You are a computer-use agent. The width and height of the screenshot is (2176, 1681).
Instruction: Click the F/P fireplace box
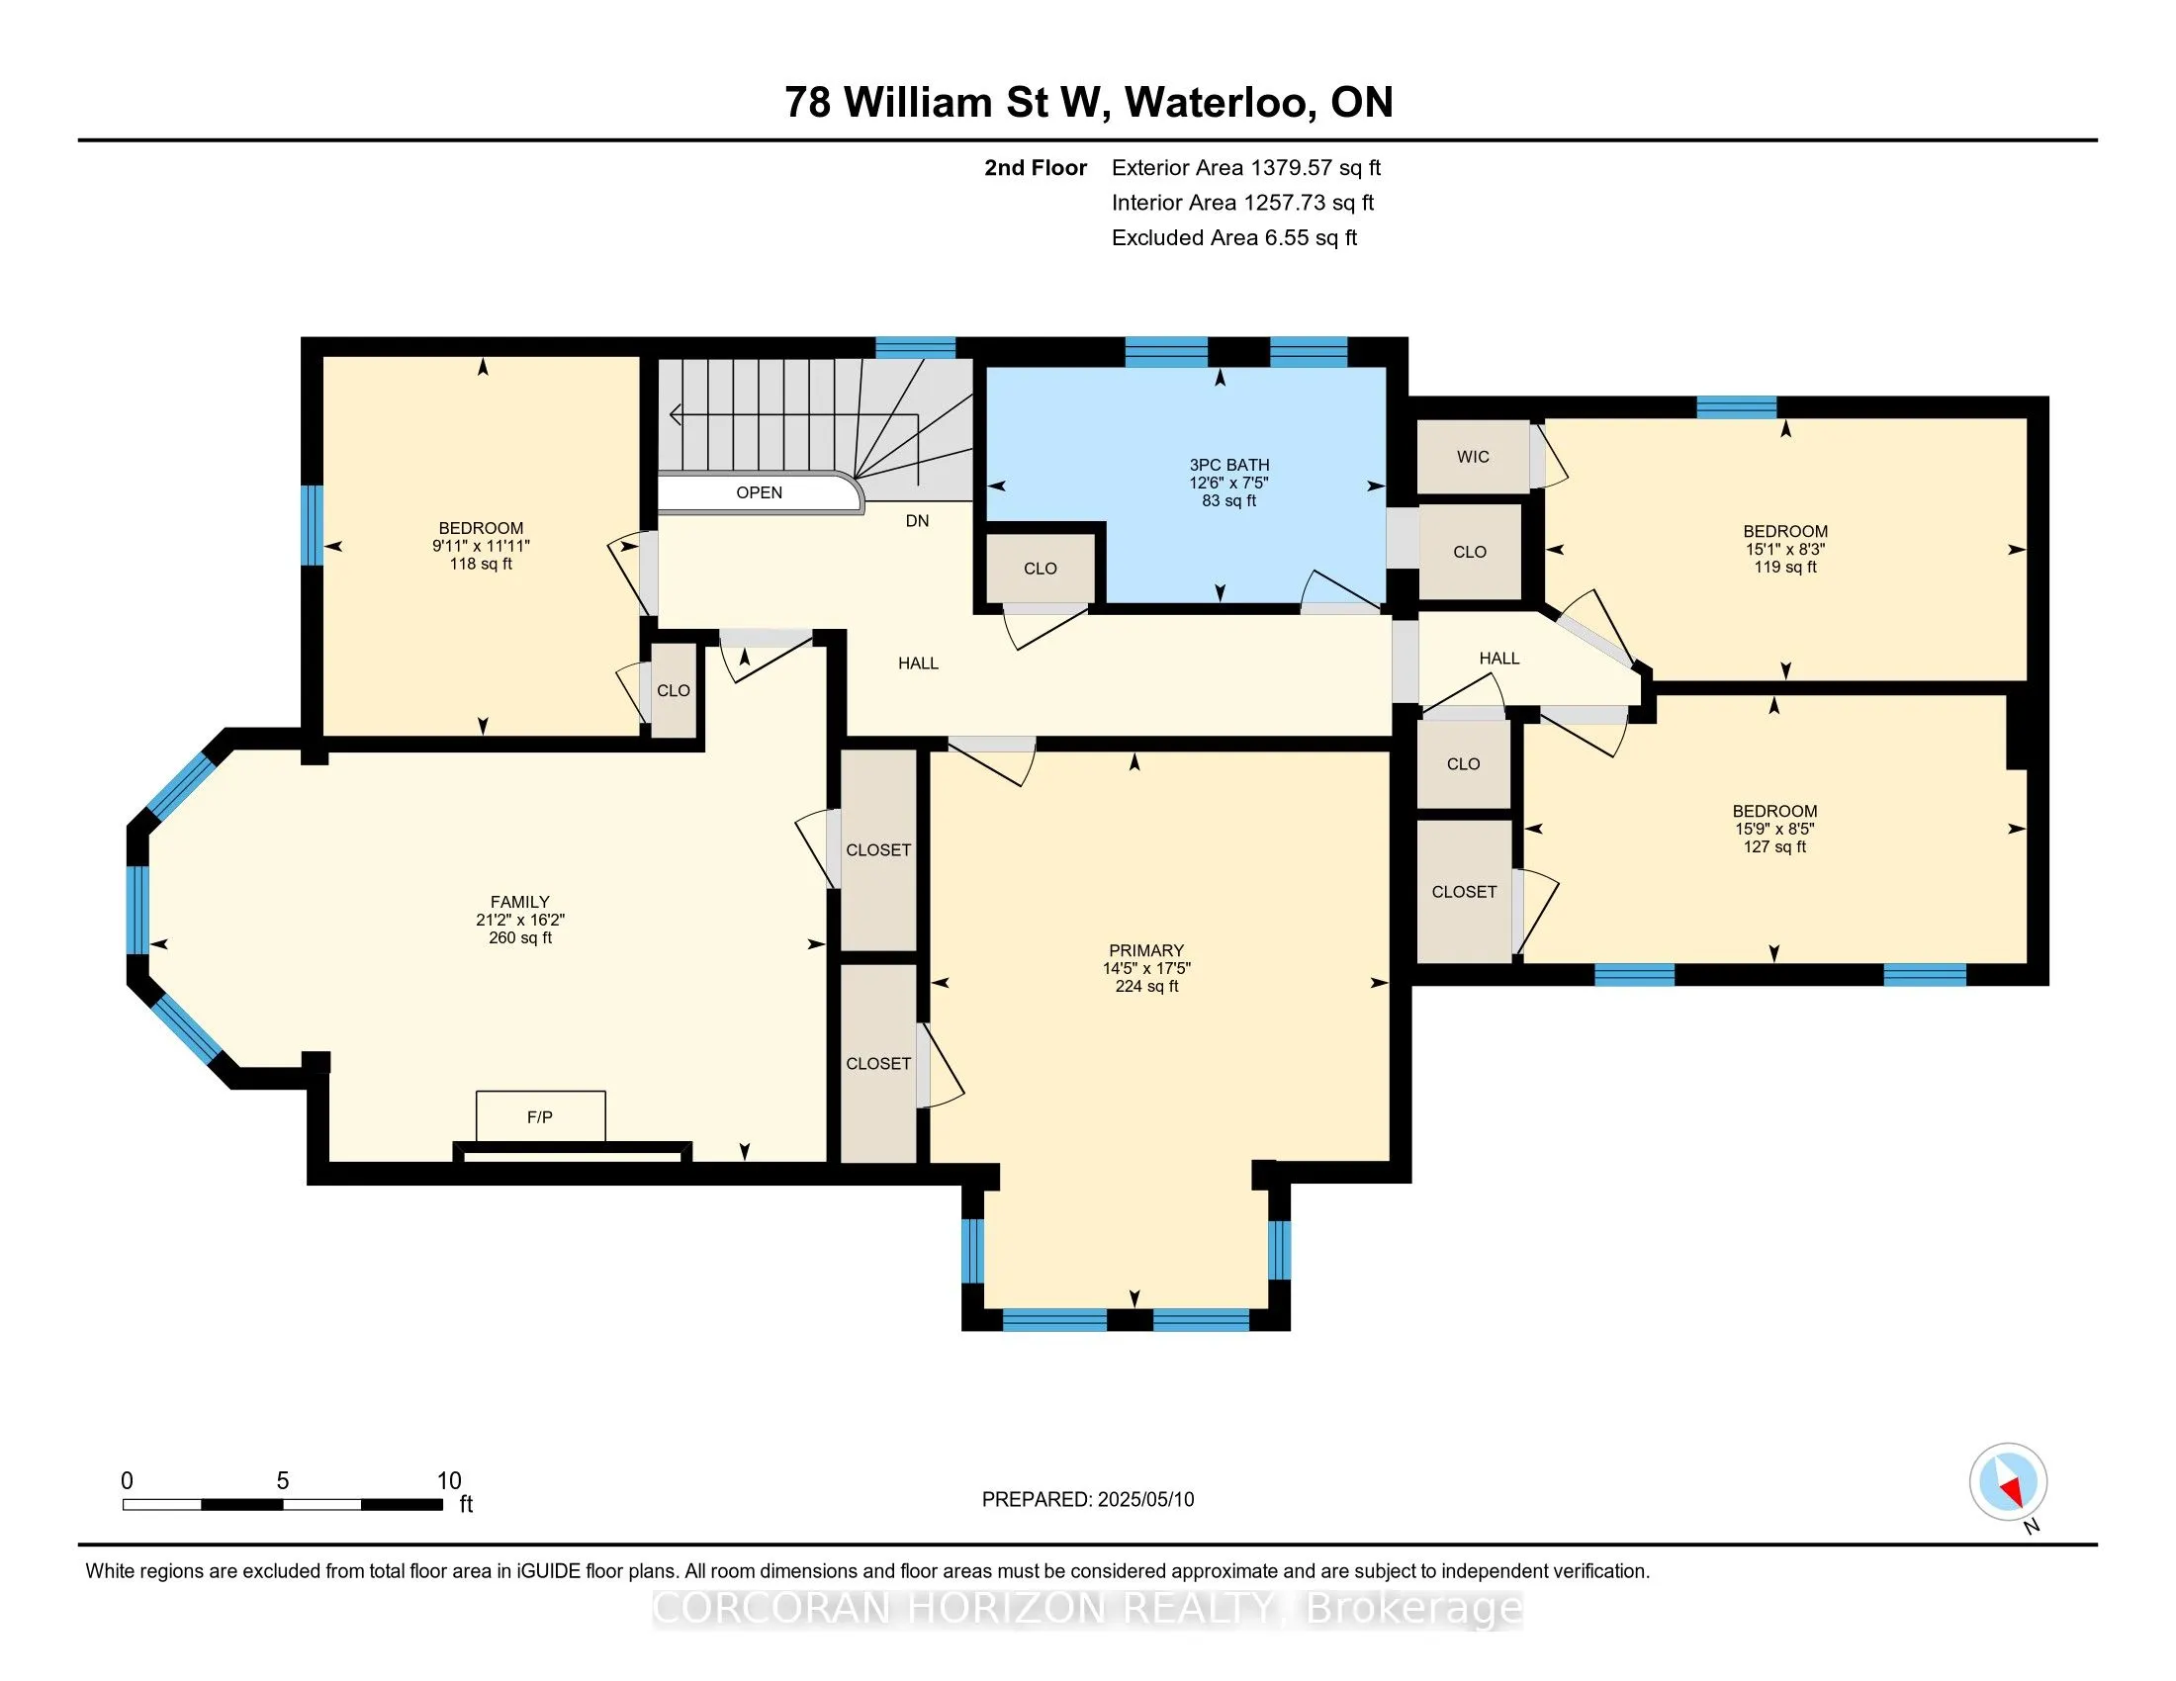[x=540, y=1116]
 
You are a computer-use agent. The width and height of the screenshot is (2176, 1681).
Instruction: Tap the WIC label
[x=1473, y=457]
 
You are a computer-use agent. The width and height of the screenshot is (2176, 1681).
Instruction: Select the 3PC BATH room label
[x=1229, y=465]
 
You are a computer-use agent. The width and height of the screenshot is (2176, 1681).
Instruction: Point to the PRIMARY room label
[x=1145, y=951]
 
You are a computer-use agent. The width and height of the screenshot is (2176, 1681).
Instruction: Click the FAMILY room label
[x=520, y=902]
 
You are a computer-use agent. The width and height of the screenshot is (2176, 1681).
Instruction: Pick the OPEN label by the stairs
[x=760, y=493]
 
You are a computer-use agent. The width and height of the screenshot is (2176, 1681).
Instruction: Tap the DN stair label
[x=918, y=521]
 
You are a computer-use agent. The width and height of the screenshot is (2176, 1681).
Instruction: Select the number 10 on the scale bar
[x=449, y=1481]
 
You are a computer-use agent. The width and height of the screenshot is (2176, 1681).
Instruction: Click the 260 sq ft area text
[x=520, y=938]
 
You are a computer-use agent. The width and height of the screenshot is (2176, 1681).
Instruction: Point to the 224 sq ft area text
[x=1146, y=987]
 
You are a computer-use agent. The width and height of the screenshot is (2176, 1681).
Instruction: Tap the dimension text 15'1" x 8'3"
[x=1785, y=550]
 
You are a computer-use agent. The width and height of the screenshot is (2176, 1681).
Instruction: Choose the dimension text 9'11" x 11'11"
[x=482, y=547]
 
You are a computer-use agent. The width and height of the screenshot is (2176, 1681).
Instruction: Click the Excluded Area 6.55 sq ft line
[x=1234, y=238]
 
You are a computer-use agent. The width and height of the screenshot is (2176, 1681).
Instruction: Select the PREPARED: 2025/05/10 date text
[x=1088, y=1500]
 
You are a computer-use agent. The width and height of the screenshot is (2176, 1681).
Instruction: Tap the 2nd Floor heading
[x=1036, y=168]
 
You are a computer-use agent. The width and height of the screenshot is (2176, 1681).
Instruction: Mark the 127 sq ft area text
[x=1774, y=847]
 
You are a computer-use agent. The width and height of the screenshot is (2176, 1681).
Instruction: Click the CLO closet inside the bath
[x=1041, y=569]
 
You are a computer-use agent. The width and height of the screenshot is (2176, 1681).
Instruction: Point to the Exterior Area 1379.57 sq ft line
[x=1246, y=168]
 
